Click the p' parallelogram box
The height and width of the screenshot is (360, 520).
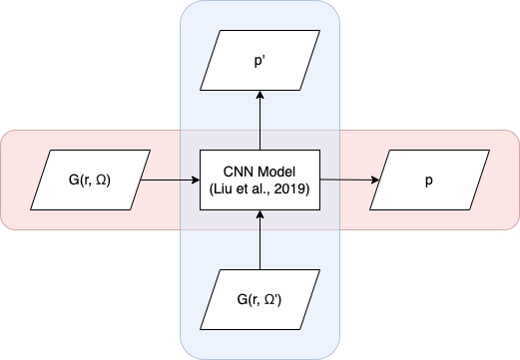(x=260, y=60)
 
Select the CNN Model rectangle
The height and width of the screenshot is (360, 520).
(x=260, y=180)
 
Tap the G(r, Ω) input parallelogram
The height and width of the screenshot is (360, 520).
(x=90, y=180)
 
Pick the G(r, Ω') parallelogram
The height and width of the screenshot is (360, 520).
(x=260, y=299)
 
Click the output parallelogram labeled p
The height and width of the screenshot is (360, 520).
(x=429, y=180)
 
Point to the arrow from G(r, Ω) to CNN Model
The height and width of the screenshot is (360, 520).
(x=170, y=180)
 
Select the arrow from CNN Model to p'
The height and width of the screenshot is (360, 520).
(x=260, y=120)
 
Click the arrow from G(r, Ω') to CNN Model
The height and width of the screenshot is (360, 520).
(x=260, y=239)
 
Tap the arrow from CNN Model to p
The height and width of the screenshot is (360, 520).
(x=349, y=180)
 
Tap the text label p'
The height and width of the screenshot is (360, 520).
(x=260, y=62)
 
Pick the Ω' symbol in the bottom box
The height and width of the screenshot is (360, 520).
(x=272, y=299)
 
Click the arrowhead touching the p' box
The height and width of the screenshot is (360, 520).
(x=260, y=95)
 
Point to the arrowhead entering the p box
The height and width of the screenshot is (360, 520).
(x=375, y=180)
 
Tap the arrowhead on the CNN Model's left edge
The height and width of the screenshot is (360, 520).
(x=196, y=180)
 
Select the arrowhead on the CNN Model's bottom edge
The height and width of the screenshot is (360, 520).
(x=260, y=214)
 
